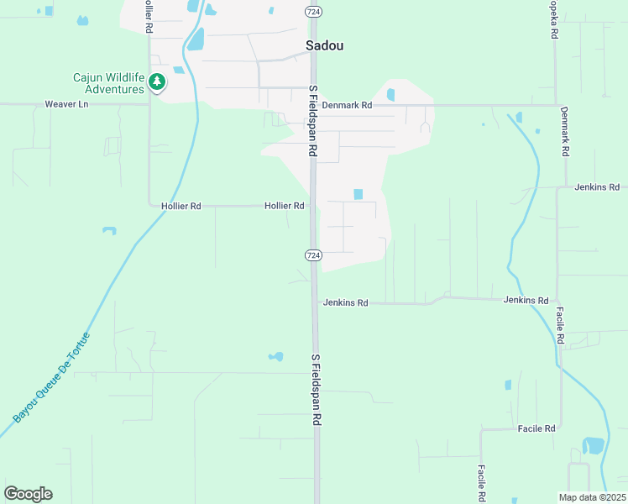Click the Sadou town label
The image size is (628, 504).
tap(325, 46)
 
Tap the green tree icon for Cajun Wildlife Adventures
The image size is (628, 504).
tap(157, 82)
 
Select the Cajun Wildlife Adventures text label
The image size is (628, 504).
tap(108, 83)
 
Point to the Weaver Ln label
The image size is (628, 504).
tap(66, 104)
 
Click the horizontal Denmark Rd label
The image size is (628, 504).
tap(347, 105)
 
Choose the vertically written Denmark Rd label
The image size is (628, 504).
tap(565, 132)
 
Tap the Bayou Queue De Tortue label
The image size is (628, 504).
tap(52, 377)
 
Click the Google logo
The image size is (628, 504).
tap(28, 494)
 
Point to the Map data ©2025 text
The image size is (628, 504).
tap(592, 497)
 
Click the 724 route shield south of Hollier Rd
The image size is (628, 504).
tap(312, 255)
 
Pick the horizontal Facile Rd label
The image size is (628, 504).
tap(536, 428)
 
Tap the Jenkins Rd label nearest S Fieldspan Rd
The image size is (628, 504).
tap(345, 302)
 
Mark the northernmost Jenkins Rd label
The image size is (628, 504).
tap(597, 187)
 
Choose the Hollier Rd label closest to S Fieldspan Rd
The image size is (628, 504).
tap(284, 206)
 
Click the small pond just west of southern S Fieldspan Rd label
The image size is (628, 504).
tap(275, 357)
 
